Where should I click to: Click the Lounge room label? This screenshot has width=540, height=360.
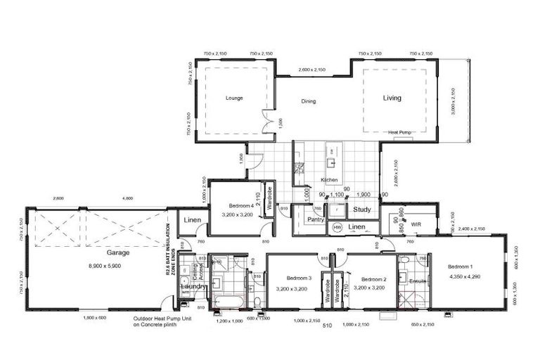[x=234, y=98]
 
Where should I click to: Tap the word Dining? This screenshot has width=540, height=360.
[x=309, y=101]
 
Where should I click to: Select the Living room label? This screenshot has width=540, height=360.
[x=392, y=98]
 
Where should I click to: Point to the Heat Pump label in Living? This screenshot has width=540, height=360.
[x=400, y=131]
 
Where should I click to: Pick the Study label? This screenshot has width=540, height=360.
[x=362, y=210]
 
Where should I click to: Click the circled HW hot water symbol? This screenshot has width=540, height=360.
[x=337, y=228]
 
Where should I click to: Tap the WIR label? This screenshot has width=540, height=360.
[x=416, y=225]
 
